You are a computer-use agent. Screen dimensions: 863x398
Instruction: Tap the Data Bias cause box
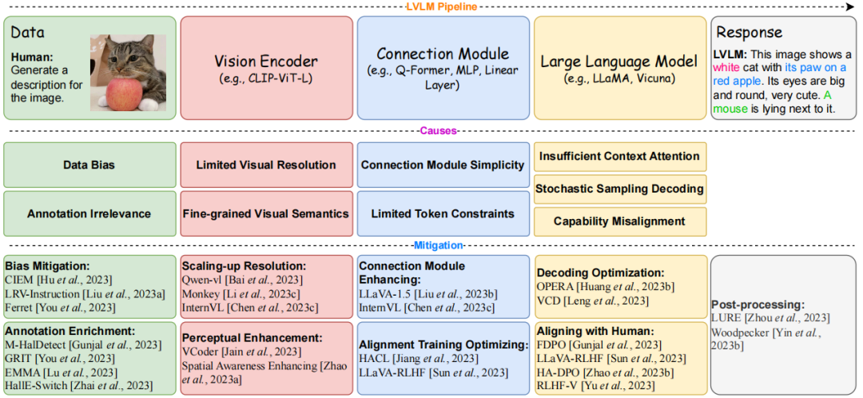(89, 165)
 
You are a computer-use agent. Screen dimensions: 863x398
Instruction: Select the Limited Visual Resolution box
(266, 165)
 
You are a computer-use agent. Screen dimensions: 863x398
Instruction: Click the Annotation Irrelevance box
(89, 213)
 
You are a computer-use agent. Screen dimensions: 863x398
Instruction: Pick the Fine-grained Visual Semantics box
(266, 213)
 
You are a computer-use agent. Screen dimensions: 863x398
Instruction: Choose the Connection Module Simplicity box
(443, 165)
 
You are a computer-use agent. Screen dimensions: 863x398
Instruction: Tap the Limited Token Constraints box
(443, 213)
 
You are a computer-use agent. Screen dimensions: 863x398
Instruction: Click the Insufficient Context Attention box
(620, 157)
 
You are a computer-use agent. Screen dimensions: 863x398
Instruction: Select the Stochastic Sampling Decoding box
(620, 189)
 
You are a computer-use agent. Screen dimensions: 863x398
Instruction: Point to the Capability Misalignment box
(620, 221)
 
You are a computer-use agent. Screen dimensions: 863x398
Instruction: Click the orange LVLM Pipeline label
(441, 6)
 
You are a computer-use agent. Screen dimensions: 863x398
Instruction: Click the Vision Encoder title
(266, 61)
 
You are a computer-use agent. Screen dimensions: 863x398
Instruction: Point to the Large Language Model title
(620, 61)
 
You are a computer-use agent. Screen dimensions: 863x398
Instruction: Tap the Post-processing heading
(758, 304)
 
